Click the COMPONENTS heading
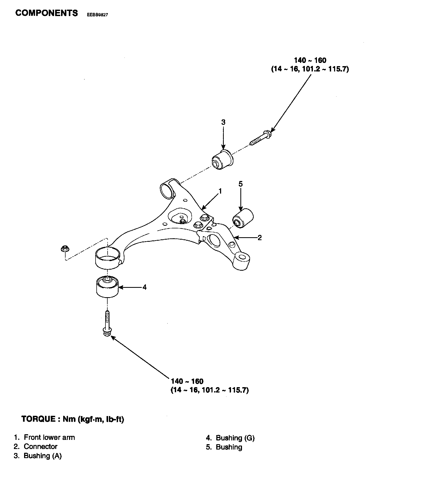tap(47, 13)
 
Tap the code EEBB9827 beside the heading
tap(97, 15)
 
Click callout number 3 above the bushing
tap(223, 122)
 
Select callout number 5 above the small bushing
tap(240, 184)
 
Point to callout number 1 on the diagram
tap(220, 191)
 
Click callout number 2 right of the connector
tap(259, 237)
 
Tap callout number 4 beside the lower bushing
tap(145, 287)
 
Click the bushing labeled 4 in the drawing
tap(107, 286)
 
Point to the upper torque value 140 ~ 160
tap(310, 60)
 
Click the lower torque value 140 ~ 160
tap(187, 381)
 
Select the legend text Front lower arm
tap(49, 437)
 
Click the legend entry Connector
tap(40, 447)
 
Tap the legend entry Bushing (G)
tap(235, 438)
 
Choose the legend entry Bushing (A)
tap(43, 456)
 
